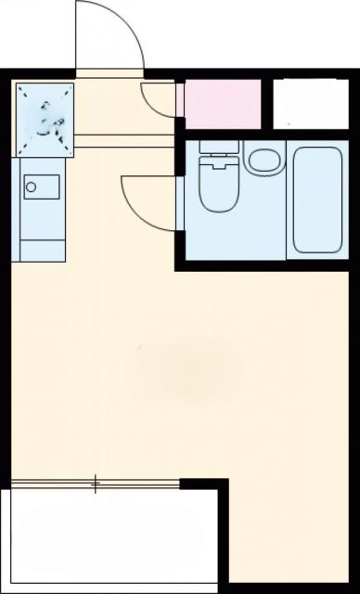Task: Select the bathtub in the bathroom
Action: pos(317,199)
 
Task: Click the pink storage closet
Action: pos(222,103)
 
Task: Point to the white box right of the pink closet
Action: pos(309,103)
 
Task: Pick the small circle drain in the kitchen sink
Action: pos(32,187)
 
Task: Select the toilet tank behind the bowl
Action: pos(220,151)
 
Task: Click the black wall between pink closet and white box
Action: pos(267,103)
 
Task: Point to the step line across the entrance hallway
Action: pos(125,141)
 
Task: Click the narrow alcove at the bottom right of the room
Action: pos(288,538)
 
